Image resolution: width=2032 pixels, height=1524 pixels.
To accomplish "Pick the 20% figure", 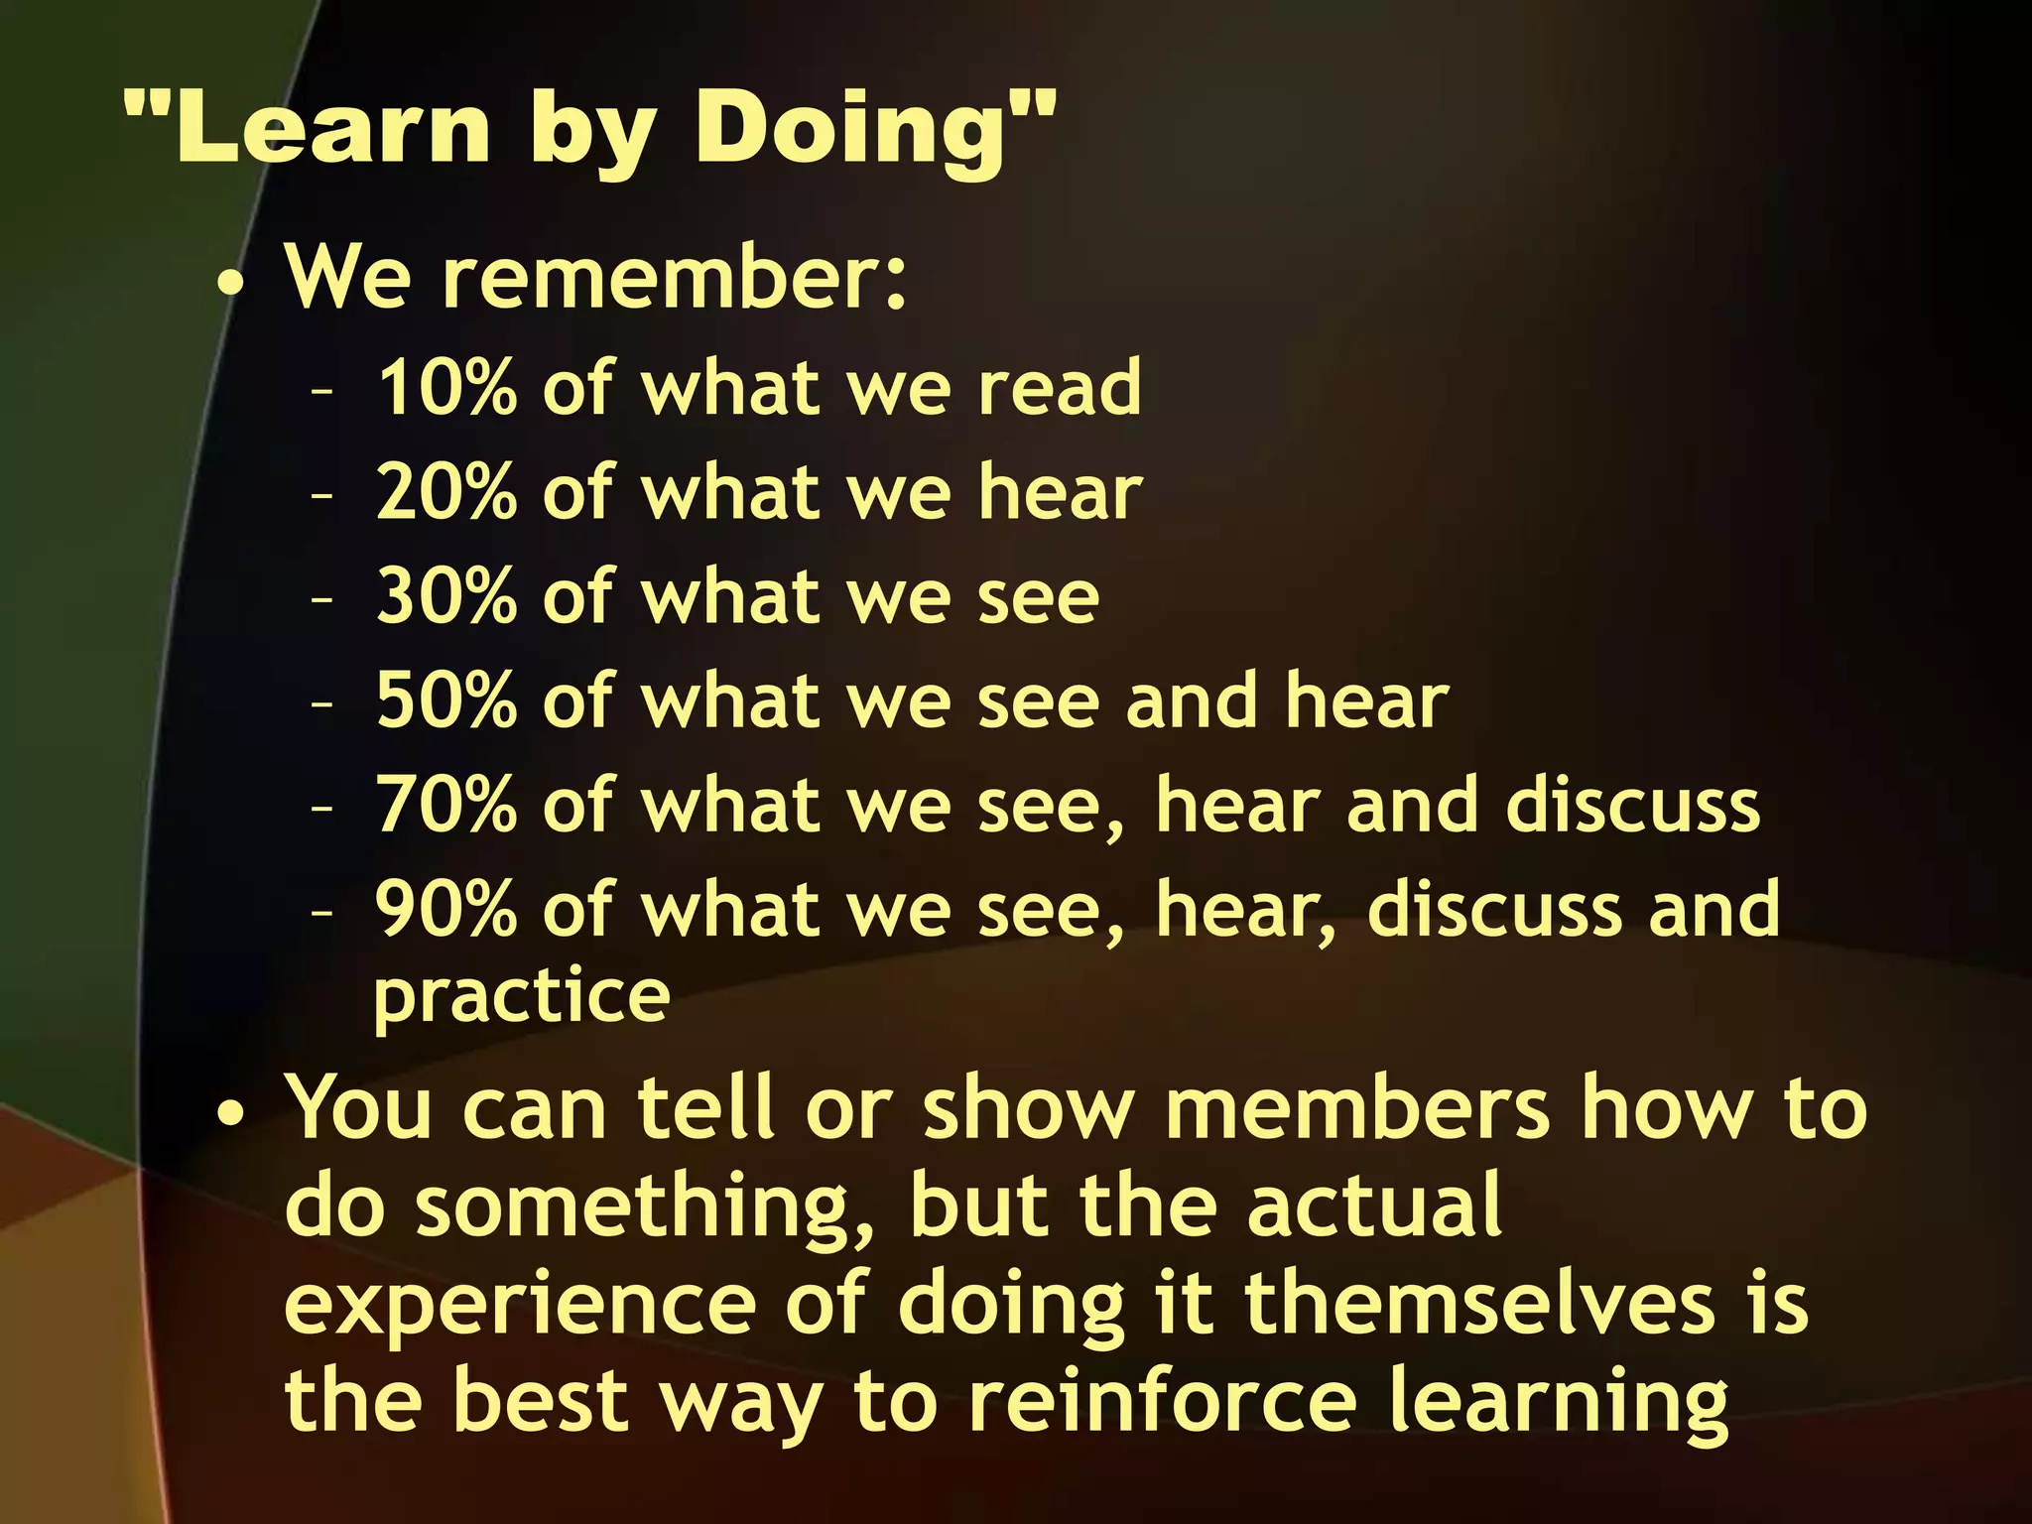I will [446, 492].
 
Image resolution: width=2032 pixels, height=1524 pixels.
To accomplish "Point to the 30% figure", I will [446, 597].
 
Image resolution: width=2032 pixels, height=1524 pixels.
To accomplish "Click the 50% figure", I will [446, 701].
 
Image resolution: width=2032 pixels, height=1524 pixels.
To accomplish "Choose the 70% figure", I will [446, 806].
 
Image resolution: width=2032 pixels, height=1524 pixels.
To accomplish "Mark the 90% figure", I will [446, 910].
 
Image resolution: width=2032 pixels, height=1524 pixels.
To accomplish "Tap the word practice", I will [522, 997].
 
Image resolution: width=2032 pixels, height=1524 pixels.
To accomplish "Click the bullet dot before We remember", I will [230, 288].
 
